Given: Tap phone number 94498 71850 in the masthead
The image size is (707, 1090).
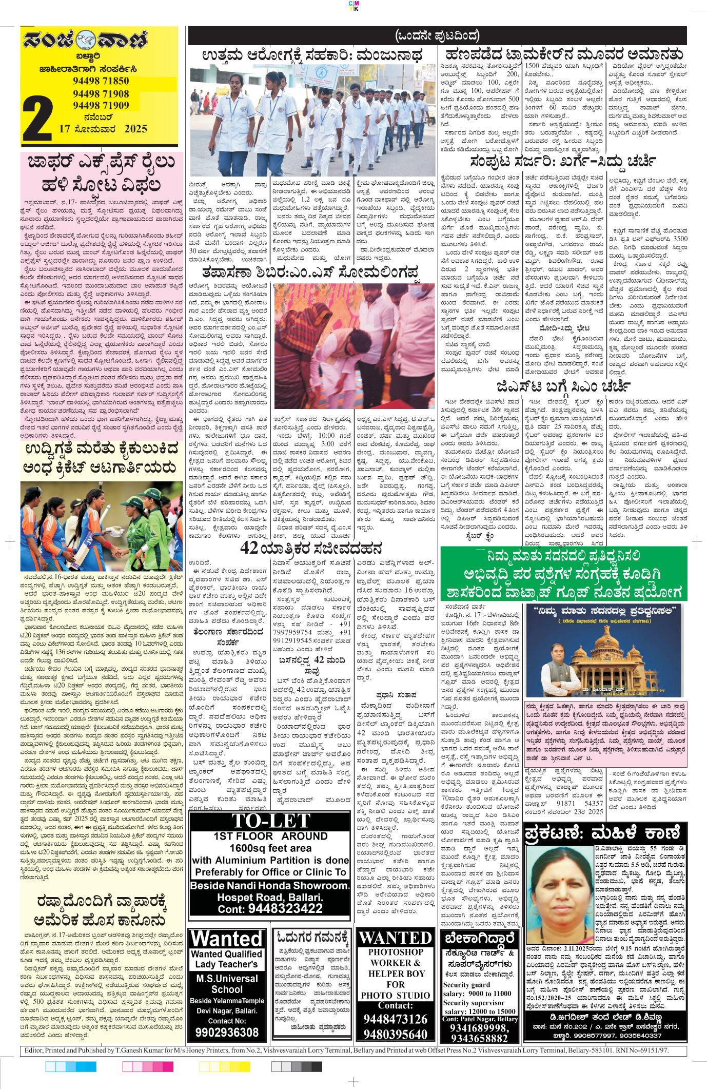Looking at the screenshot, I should coord(101,81).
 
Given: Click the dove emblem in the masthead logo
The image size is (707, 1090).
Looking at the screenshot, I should coord(86,40).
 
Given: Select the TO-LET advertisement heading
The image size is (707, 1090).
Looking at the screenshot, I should coord(270,821).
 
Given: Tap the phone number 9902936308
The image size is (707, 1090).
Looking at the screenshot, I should coord(227,1033).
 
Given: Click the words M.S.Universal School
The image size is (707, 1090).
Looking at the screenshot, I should coord(227,984).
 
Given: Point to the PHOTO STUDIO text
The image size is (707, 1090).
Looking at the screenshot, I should coord(395,995).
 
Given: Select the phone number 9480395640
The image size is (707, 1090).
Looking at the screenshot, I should coord(395,1034).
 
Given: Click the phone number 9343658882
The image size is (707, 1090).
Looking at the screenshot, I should coord(479,1038).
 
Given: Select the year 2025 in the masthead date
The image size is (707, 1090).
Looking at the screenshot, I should coord(135,129).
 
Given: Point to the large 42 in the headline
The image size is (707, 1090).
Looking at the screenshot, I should coord(249,548).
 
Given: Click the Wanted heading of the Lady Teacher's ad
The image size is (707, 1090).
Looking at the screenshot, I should coord(226,939).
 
